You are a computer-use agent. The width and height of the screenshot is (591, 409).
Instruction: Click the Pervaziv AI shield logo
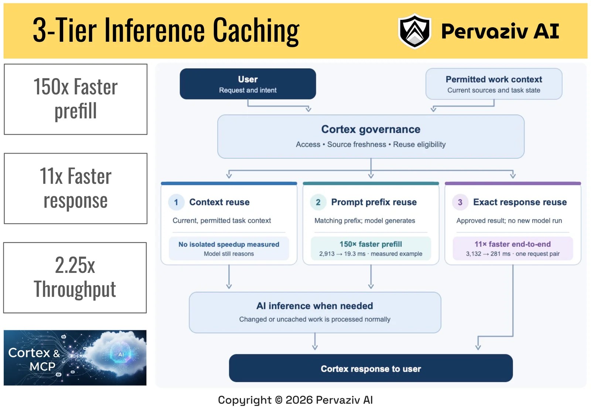414,31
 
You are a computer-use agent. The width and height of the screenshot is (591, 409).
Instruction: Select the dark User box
248,84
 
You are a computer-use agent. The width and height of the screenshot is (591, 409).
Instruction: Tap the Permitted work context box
493,84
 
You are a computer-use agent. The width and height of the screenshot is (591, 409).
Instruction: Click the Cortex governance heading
371,129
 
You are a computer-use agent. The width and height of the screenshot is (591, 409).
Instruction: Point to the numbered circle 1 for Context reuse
176,202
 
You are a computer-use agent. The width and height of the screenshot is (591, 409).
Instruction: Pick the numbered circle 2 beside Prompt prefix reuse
318,202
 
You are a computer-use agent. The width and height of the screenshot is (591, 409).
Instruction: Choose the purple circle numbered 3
460,202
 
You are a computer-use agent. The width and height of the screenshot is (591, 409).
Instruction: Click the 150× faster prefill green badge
371,248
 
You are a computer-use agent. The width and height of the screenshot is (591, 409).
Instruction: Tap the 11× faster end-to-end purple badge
513,248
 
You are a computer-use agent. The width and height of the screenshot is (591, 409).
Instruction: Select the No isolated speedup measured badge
229,248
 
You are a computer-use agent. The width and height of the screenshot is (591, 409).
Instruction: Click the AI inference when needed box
315,312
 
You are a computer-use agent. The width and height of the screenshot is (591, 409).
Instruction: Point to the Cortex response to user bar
371,368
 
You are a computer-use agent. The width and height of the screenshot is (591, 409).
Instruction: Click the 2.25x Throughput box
75,278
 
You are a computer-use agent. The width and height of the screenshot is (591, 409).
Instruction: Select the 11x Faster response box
75,188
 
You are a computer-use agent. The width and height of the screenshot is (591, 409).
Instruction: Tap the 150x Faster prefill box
75,99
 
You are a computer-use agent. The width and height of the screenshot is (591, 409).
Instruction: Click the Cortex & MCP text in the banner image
34,359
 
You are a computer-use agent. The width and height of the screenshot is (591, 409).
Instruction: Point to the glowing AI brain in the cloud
121,354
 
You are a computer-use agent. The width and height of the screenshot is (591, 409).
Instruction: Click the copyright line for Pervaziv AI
295,400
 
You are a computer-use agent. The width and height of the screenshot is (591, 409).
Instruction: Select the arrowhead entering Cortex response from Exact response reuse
478,347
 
